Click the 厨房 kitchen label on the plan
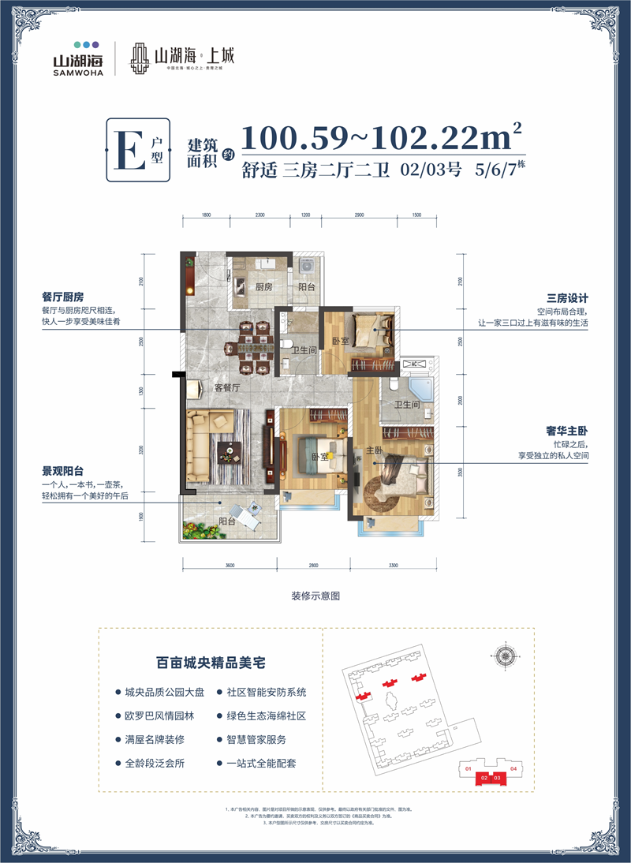click(x=263, y=287)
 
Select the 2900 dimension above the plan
click(x=359, y=215)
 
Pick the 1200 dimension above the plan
click(x=306, y=215)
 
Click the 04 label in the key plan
click(x=513, y=768)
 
